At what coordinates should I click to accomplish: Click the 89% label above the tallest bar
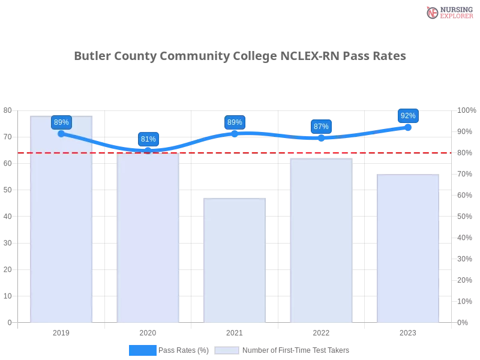click(61, 122)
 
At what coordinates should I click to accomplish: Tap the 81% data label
click(148, 139)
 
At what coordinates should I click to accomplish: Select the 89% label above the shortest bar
click(235, 122)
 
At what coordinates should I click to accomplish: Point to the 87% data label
click(321, 127)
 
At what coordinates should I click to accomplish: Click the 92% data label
click(408, 115)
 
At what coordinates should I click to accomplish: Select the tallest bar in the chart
click(62, 228)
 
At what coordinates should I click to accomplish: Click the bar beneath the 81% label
click(149, 240)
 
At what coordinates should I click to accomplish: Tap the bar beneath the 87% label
click(322, 240)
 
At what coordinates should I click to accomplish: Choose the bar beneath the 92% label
click(408, 249)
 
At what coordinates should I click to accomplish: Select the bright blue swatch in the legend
click(142, 350)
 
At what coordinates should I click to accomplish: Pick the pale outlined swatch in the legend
click(227, 350)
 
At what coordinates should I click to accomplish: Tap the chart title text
click(240, 56)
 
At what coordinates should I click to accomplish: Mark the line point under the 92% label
click(408, 127)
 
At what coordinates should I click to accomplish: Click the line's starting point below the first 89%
click(61, 133)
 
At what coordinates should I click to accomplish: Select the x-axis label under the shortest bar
click(235, 331)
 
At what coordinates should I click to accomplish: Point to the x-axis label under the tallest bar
click(62, 331)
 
